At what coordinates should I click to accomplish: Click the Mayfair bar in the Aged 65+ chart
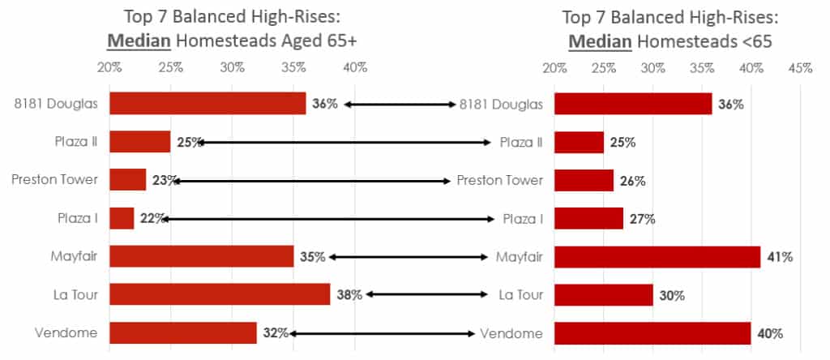[201, 256]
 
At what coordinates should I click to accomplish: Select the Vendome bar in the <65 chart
[652, 333]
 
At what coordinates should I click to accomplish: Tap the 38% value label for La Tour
[349, 295]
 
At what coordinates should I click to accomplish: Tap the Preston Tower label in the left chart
[54, 180]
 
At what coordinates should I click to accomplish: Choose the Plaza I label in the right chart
[521, 219]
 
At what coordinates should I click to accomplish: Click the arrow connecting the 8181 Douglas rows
[400, 104]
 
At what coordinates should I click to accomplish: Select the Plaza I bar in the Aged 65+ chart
[122, 218]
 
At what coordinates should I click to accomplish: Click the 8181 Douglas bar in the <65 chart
[633, 104]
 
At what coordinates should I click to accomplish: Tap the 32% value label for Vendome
[276, 333]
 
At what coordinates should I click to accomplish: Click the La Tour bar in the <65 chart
[604, 295]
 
